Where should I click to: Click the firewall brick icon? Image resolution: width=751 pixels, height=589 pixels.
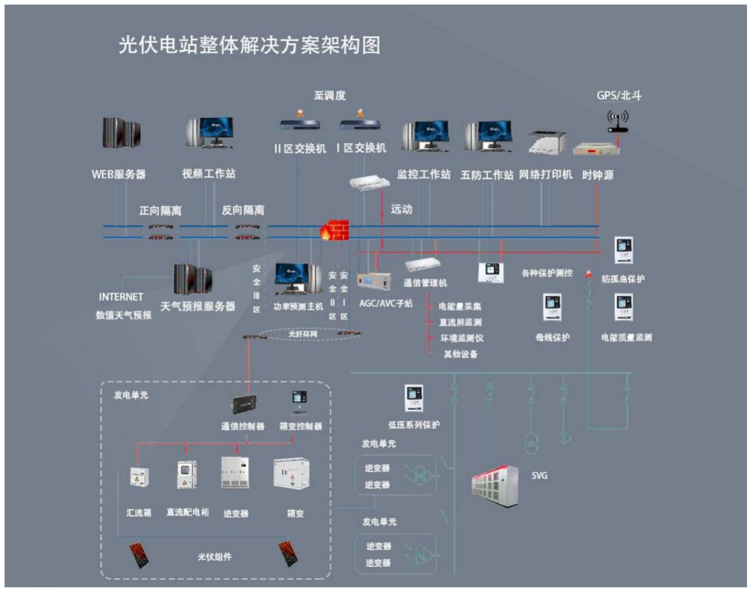pyautogui.click(x=336, y=230)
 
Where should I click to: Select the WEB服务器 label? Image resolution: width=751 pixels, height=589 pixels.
pyautogui.click(x=119, y=174)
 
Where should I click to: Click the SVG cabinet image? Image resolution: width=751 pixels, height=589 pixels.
pyautogui.click(x=495, y=485)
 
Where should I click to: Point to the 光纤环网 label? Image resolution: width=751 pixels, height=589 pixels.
pyautogui.click(x=303, y=334)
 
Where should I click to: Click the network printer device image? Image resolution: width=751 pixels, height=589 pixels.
pyautogui.click(x=547, y=142)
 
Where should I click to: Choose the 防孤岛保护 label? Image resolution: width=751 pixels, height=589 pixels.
pyautogui.click(x=623, y=279)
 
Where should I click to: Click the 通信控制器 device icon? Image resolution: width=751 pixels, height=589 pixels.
pyautogui.click(x=243, y=404)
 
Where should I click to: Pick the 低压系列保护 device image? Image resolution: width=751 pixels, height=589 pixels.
pyautogui.click(x=413, y=398)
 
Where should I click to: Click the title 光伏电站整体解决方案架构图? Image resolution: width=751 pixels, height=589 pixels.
pyautogui.click(x=250, y=45)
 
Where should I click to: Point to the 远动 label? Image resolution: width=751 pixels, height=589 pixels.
pyautogui.click(x=401, y=210)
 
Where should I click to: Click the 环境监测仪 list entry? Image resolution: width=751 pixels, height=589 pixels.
pyautogui.click(x=462, y=338)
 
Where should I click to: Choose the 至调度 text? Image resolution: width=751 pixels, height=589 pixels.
pyautogui.click(x=330, y=95)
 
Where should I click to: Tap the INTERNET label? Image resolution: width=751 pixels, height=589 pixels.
pyautogui.click(x=121, y=297)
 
